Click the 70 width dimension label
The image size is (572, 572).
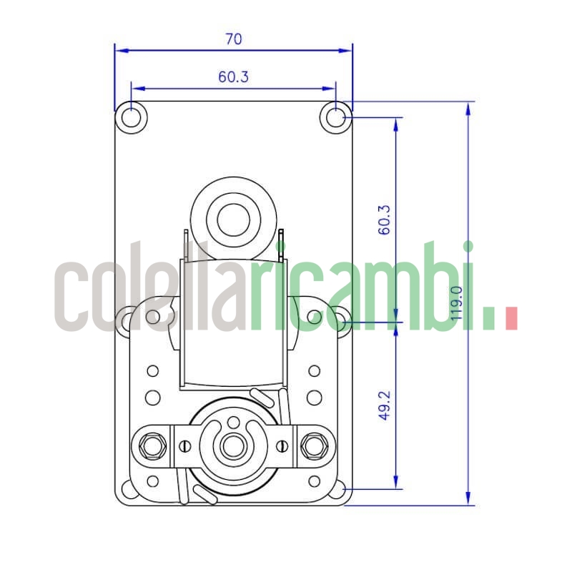234,39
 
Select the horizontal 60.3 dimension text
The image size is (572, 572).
234,77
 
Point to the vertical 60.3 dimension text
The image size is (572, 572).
385,220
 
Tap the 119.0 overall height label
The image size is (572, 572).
457,302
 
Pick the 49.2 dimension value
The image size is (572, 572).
385,405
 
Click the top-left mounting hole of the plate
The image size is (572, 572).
131,117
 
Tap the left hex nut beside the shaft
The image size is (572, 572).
152,446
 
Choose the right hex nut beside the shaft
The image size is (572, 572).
312,446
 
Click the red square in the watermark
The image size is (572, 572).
511,319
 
